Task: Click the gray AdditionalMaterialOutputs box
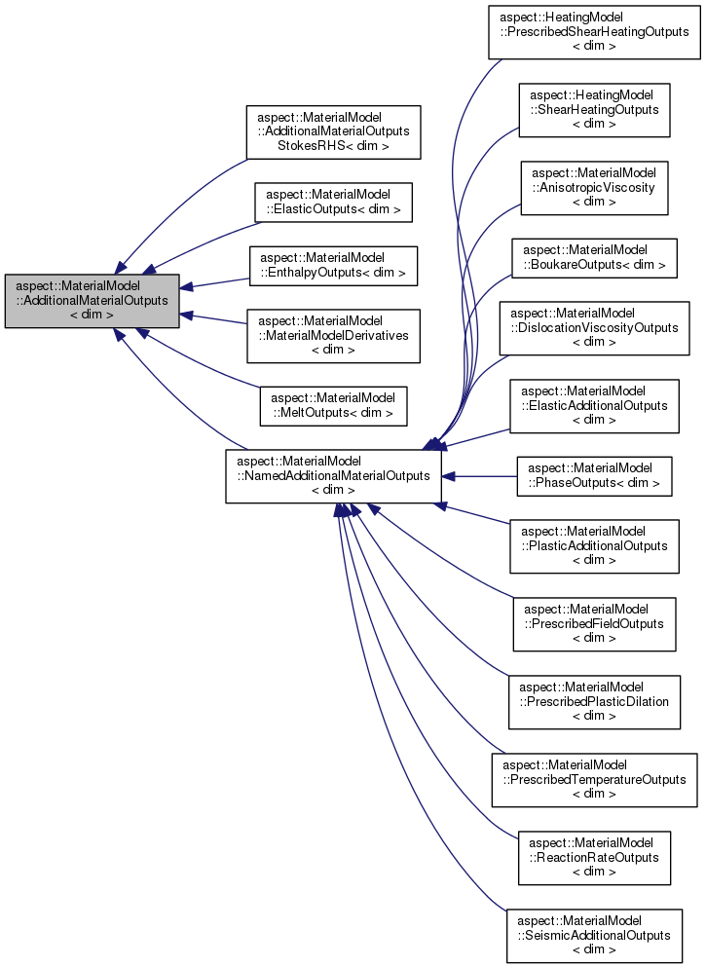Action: (x=92, y=301)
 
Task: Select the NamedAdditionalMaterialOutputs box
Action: (x=333, y=476)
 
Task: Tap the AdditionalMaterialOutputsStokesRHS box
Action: (x=333, y=131)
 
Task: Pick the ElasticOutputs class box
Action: (x=333, y=203)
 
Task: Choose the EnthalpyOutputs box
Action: (x=333, y=266)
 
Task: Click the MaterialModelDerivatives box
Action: (x=333, y=336)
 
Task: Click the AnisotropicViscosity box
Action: (x=593, y=188)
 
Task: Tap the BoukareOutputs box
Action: (x=593, y=257)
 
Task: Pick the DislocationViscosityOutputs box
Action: (x=593, y=328)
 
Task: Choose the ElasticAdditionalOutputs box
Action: (x=593, y=406)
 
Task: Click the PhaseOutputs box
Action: (x=593, y=476)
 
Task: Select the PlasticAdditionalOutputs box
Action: (x=593, y=546)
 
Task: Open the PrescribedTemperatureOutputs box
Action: (x=593, y=780)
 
